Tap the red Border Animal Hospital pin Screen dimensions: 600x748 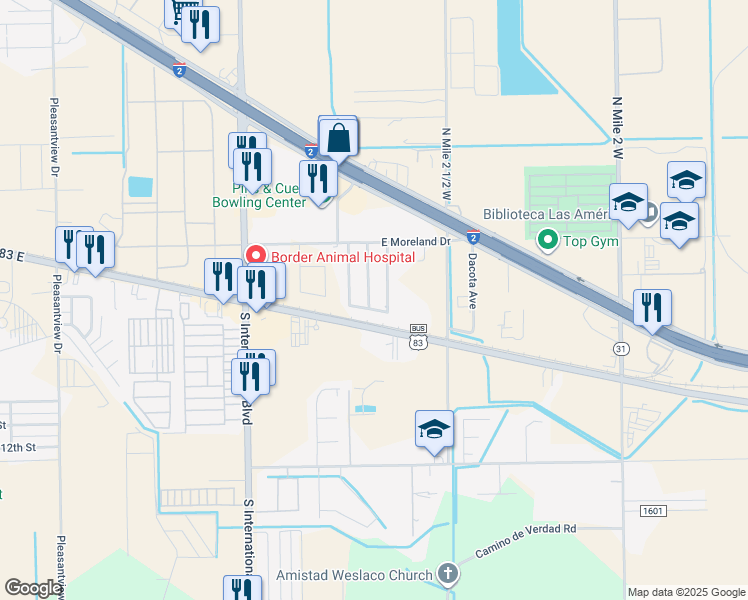click(x=254, y=257)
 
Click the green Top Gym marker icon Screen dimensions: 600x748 click(x=547, y=240)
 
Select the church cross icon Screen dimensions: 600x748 click(x=448, y=574)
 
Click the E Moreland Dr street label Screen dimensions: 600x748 click(x=417, y=242)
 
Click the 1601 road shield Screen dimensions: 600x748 click(x=653, y=511)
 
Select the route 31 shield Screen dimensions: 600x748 click(x=621, y=348)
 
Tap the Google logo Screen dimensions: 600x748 click(x=33, y=588)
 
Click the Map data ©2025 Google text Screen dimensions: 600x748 click(x=686, y=592)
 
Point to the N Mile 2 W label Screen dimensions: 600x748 click(x=617, y=128)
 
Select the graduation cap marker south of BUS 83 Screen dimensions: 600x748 click(x=435, y=429)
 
